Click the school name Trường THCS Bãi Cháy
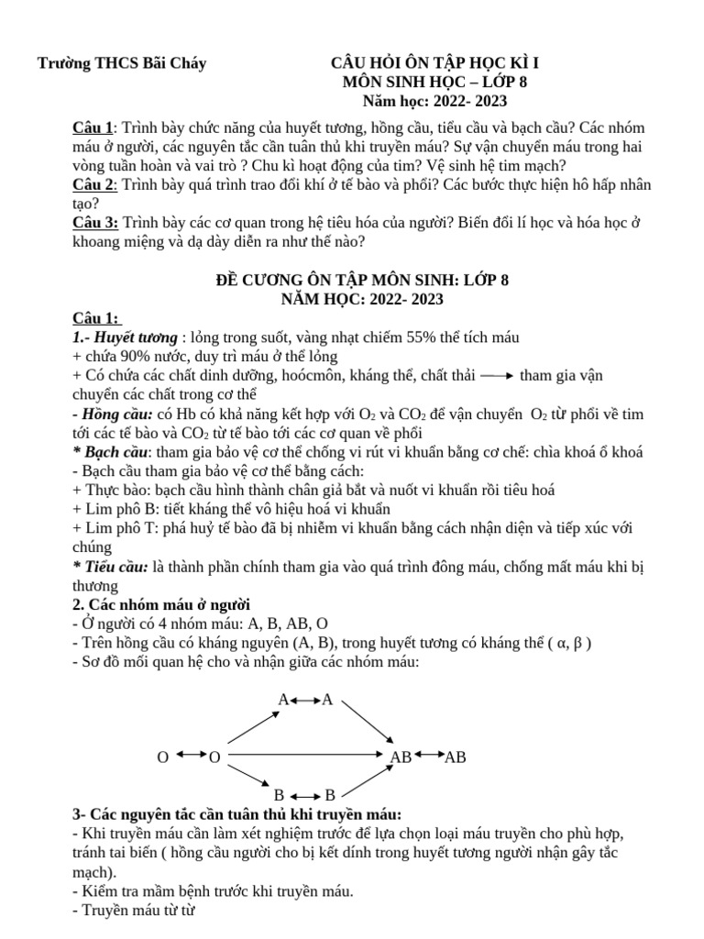[x=121, y=63]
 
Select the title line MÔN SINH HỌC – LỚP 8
[x=434, y=83]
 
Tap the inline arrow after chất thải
[x=496, y=376]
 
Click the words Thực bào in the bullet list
[x=112, y=491]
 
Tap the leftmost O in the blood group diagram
[x=162, y=757]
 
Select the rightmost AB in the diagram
[x=455, y=757]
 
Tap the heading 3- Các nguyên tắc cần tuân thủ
[x=236, y=814]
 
